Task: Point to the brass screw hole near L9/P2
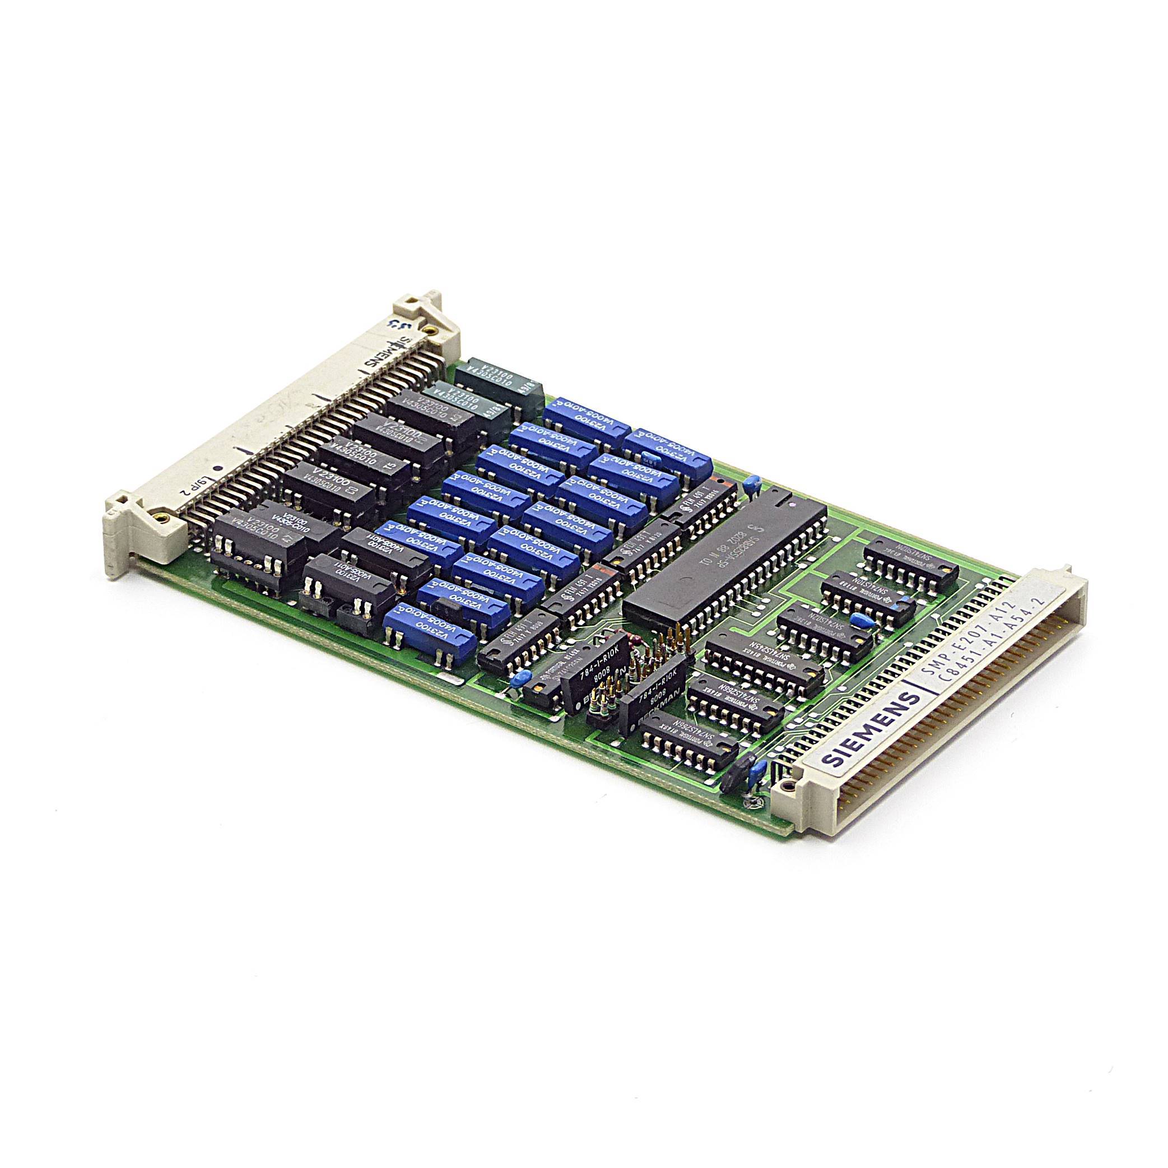click(161, 517)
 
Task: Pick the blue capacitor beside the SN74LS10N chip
click(905, 589)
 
